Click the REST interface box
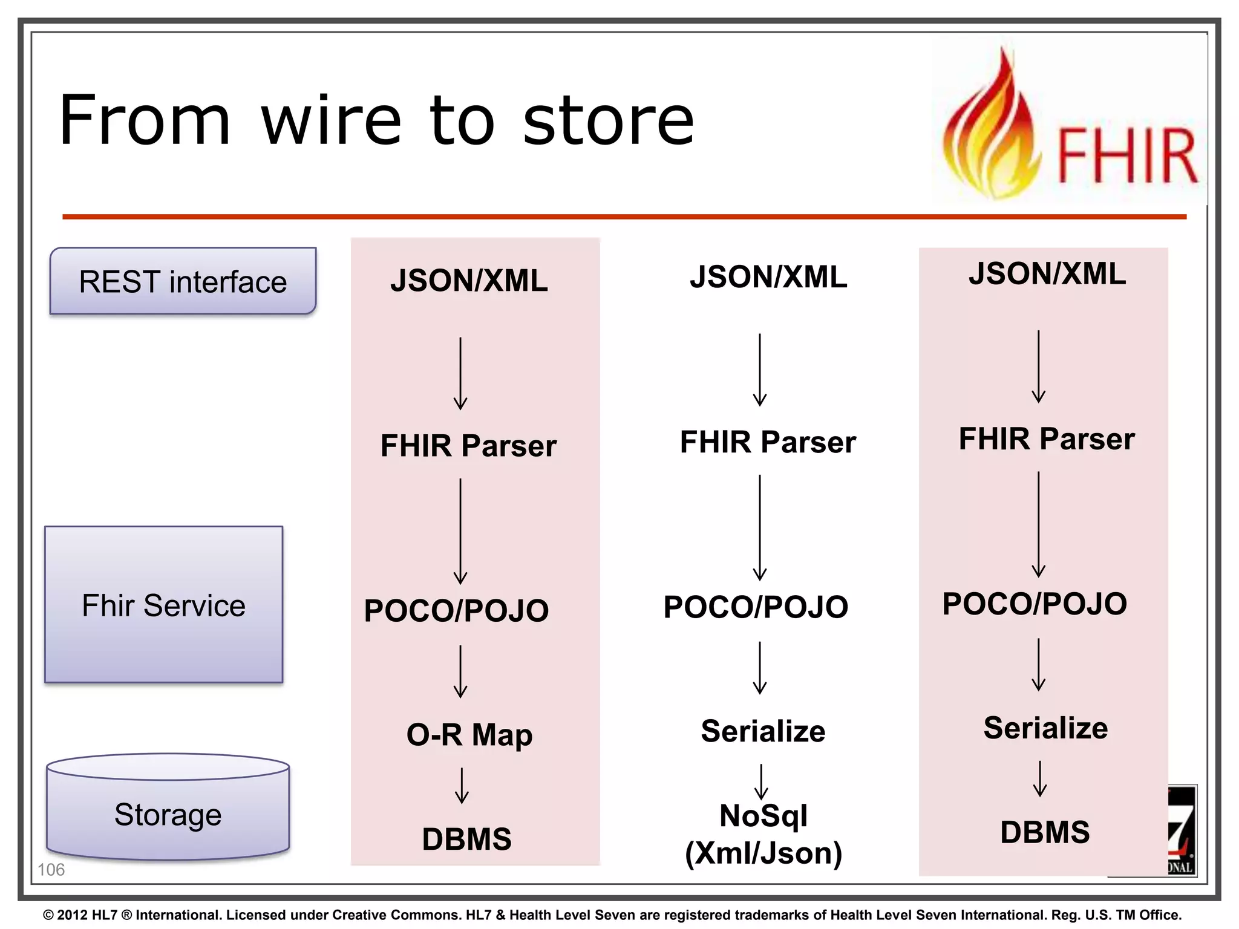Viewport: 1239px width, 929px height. coord(183,281)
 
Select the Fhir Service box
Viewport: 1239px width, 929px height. coord(163,605)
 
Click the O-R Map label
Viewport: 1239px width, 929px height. coord(469,735)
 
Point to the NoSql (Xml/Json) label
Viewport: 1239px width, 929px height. coord(763,835)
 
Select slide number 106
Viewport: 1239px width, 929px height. coord(51,870)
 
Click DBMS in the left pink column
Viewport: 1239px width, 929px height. coord(467,839)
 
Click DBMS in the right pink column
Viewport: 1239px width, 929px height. coord(1045,832)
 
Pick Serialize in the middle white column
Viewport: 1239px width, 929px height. coord(763,731)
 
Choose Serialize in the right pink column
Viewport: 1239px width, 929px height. coord(1045,728)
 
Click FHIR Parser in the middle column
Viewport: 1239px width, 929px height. coord(768,442)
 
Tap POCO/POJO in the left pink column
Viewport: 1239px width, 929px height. coord(456,610)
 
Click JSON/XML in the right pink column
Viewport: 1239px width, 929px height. coord(1047,273)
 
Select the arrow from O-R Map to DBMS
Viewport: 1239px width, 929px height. coord(462,785)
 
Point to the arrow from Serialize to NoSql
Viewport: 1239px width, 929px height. coord(761,781)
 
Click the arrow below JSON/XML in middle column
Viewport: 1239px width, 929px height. coord(760,370)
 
